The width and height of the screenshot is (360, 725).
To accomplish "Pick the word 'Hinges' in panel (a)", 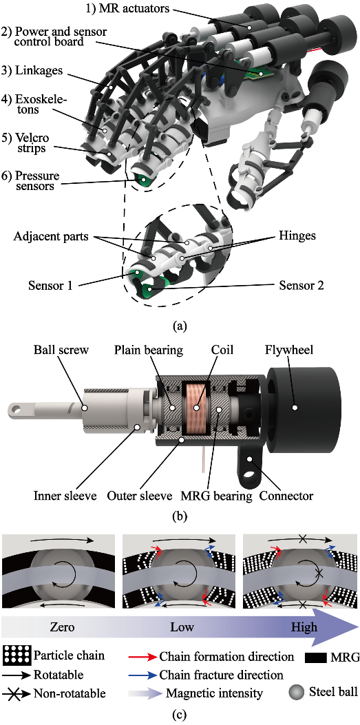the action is pyautogui.click(x=297, y=235).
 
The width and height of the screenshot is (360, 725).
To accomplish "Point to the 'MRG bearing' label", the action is pyautogui.click(x=224, y=496).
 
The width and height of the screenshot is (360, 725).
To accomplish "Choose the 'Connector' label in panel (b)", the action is pyautogui.click(x=286, y=496).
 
